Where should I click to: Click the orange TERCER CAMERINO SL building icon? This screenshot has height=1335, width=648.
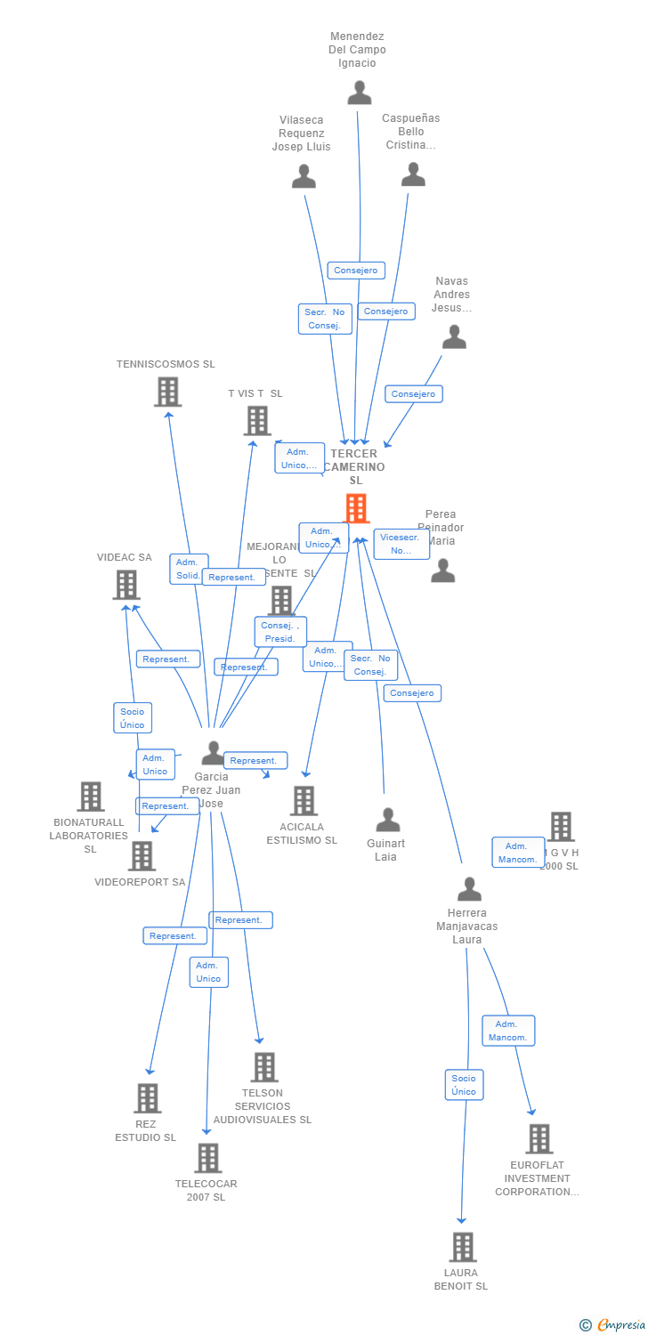tap(356, 508)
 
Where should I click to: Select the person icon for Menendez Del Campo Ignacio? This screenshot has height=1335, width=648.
tap(359, 93)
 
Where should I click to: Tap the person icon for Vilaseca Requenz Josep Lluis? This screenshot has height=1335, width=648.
tap(304, 176)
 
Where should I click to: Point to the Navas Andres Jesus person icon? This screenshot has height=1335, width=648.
tap(454, 337)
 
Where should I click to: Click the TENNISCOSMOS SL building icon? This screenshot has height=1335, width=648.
tap(167, 392)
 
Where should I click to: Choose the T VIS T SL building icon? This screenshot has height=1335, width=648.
tap(257, 421)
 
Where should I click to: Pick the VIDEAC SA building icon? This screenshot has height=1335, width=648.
tap(126, 585)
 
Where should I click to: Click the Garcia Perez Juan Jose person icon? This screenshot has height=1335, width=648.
tap(213, 753)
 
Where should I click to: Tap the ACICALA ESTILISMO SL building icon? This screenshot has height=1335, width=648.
tap(304, 801)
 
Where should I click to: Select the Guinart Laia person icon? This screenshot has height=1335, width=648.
tap(387, 820)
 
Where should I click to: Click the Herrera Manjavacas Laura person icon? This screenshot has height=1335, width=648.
tap(468, 888)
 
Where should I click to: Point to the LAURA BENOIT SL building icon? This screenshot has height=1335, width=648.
tap(462, 1247)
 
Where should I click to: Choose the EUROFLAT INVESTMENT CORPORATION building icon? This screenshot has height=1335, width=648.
tap(539, 1138)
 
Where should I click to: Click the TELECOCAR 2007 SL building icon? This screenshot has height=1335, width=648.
tap(207, 1158)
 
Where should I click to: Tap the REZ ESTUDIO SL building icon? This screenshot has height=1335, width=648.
tap(147, 1098)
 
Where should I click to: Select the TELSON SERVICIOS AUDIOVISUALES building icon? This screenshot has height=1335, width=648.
tap(263, 1067)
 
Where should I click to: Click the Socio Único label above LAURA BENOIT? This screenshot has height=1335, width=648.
tap(464, 1085)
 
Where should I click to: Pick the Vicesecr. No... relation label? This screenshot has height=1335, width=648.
tap(401, 544)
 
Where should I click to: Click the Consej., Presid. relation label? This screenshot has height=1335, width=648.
tap(280, 632)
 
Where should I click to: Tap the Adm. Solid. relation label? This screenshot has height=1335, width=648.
tap(189, 569)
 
